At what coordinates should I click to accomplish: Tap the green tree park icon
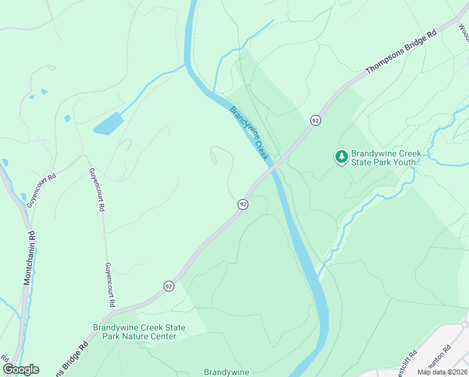[x=341, y=156]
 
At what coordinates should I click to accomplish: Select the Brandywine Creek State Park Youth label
[x=386, y=157]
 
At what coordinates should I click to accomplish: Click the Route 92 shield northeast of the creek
[x=315, y=119]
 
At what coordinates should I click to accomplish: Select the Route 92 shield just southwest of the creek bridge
[x=243, y=204]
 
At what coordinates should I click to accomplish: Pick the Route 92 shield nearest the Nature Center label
[x=169, y=286]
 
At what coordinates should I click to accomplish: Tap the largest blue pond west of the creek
[x=108, y=123]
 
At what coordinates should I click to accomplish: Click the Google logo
[x=21, y=369]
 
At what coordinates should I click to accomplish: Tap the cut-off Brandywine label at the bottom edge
[x=226, y=372]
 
